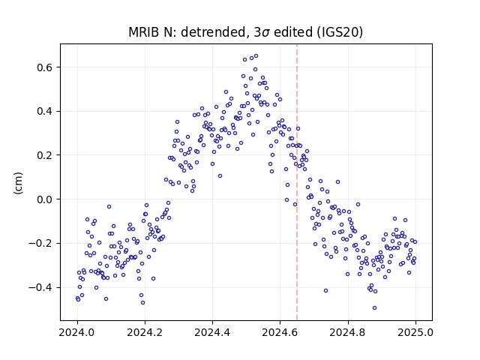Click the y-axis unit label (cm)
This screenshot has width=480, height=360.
pyautogui.click(x=18, y=183)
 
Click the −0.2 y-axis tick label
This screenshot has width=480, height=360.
pyautogui.click(x=41, y=243)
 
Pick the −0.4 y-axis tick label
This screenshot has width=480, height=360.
pyautogui.click(x=41, y=287)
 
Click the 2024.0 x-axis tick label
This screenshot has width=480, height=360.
pyautogui.click(x=77, y=332)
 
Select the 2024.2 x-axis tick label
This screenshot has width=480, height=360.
pyautogui.click(x=145, y=332)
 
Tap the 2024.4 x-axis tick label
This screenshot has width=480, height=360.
pyautogui.click(x=212, y=332)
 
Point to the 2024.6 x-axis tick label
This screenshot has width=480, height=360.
pyautogui.click(x=280, y=332)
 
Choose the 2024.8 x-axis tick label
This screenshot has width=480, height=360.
pyautogui.click(x=348, y=332)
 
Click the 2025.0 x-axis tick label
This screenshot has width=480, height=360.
pyautogui.click(x=415, y=332)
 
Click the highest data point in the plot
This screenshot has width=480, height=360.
pyautogui.click(x=256, y=56)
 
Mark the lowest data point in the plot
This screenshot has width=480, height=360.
pyautogui.click(x=374, y=308)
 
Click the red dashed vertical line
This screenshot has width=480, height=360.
pyautogui.click(x=297, y=182)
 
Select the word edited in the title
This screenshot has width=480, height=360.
pyautogui.click(x=291, y=32)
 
